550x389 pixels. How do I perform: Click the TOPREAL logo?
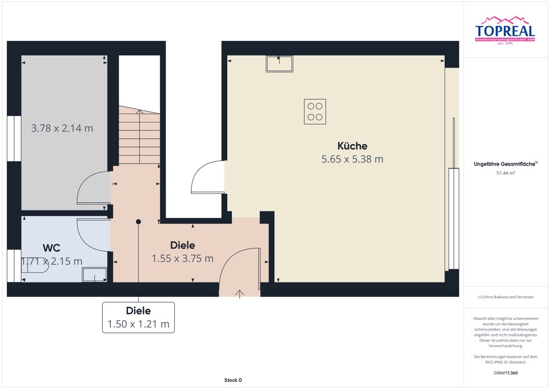tap(505, 31)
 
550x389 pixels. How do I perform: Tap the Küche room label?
tap(352, 146)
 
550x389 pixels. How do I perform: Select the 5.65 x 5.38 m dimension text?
tap(352, 159)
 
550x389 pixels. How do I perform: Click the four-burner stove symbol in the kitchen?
tap(315, 111)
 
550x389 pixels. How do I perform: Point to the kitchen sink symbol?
tap(279, 64)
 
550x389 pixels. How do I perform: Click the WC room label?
tap(51, 248)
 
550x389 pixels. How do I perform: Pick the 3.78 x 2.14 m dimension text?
tap(62, 128)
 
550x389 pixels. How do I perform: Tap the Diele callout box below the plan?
tap(138, 318)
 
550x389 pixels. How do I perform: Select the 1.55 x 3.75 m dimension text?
tap(183, 258)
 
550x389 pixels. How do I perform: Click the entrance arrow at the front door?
tap(240, 294)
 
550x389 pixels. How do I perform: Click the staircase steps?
tap(139, 135)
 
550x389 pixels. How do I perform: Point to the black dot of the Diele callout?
tap(138, 222)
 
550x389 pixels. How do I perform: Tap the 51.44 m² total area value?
tap(506, 173)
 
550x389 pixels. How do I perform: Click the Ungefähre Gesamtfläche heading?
tap(506, 164)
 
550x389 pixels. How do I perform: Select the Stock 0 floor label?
tap(233, 380)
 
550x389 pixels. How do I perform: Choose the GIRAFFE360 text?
tap(506, 373)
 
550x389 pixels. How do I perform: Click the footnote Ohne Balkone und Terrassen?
tap(506, 297)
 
